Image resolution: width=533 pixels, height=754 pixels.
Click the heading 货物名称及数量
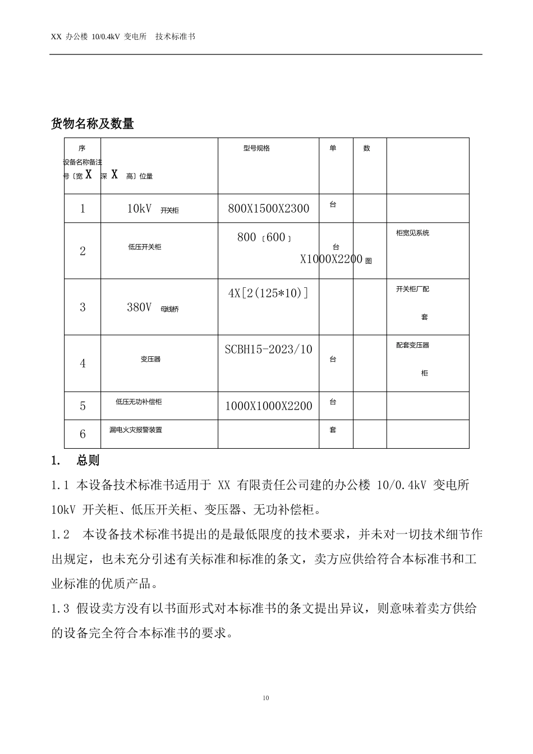(x=93, y=123)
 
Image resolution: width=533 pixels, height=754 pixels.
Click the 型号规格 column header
(x=256, y=148)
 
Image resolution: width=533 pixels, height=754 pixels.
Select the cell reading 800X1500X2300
(x=268, y=209)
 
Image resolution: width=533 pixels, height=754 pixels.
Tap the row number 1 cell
(x=82, y=209)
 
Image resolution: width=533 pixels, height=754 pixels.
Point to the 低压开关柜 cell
(x=144, y=247)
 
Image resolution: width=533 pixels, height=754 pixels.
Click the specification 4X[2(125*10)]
(x=268, y=293)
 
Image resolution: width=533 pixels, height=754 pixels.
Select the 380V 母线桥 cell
(x=153, y=307)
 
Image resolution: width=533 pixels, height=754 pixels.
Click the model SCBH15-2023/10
(x=268, y=350)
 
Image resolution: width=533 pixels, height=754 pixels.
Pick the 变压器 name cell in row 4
(x=150, y=359)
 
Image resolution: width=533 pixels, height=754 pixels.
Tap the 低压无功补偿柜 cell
(x=139, y=402)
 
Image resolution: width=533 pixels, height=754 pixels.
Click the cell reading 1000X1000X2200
(x=268, y=406)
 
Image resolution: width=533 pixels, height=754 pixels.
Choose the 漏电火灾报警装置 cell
(x=136, y=430)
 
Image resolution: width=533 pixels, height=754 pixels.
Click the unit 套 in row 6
(x=333, y=430)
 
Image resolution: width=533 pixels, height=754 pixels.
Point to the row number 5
(x=82, y=406)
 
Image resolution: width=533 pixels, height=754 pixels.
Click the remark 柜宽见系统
(x=412, y=233)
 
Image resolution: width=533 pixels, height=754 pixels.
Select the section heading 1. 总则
(x=75, y=461)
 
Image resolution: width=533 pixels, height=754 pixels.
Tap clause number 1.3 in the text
(x=59, y=608)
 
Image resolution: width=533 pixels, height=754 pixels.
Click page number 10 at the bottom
(x=266, y=698)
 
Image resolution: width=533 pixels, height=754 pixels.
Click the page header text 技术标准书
(x=175, y=36)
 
